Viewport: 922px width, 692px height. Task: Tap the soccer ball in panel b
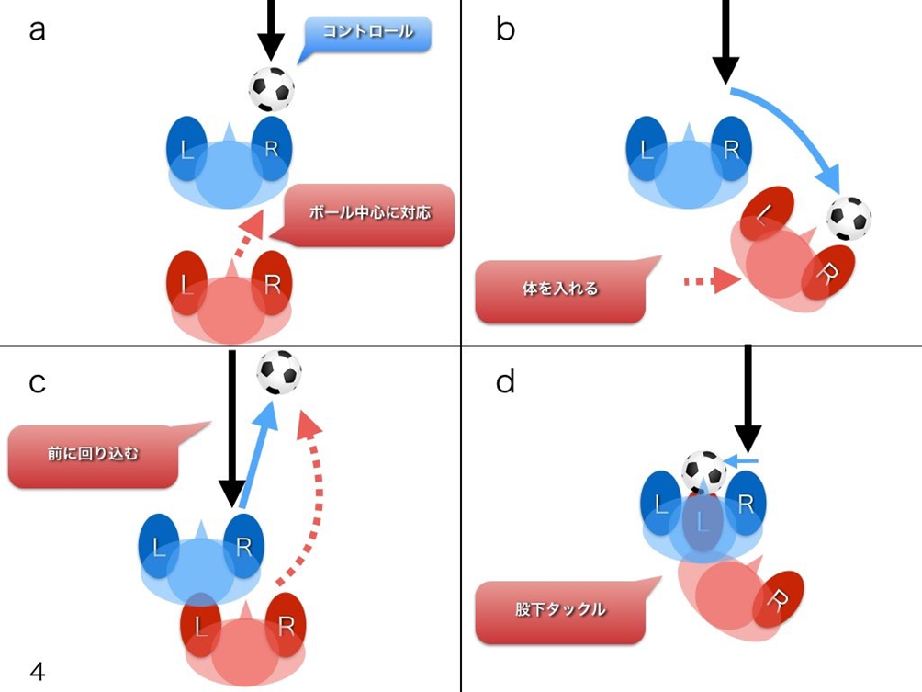click(x=849, y=219)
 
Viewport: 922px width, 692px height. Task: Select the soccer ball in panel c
click(x=278, y=371)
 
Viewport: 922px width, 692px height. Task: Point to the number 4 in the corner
click(x=37, y=672)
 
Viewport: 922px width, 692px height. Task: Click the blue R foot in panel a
click(x=272, y=147)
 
